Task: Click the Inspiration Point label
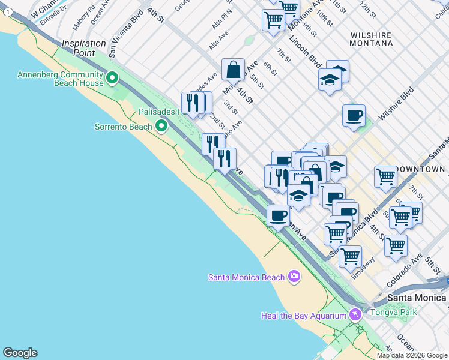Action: [x=83, y=48]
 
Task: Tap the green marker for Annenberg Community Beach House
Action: [x=112, y=78]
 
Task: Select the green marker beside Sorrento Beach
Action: [x=161, y=126]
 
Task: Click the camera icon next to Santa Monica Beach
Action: [x=294, y=277]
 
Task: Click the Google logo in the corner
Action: [x=20, y=353]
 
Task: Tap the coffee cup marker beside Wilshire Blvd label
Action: [x=354, y=115]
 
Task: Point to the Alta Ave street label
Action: [x=218, y=41]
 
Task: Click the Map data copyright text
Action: [x=411, y=355]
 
